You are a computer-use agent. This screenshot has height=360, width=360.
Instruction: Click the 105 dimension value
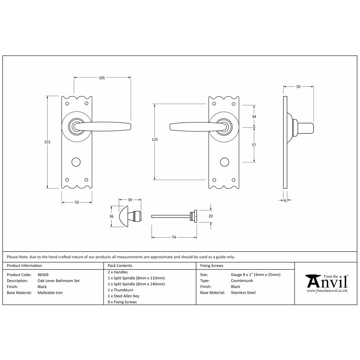click(x=102, y=78)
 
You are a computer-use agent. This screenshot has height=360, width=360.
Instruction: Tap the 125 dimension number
click(x=155, y=139)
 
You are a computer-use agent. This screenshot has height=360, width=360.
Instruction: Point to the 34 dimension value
click(x=254, y=117)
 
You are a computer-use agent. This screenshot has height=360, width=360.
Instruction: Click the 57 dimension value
click(x=254, y=145)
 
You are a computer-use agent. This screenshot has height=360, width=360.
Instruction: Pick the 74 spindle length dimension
click(x=174, y=237)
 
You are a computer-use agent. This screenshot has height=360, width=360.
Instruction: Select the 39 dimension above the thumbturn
click(x=130, y=200)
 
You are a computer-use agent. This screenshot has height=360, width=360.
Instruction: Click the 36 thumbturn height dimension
click(x=111, y=216)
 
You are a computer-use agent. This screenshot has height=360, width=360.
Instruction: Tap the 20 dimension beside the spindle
click(x=211, y=216)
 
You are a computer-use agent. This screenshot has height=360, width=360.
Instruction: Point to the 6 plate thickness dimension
click(x=285, y=201)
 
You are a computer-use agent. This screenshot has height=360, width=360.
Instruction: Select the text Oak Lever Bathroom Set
click(x=58, y=281)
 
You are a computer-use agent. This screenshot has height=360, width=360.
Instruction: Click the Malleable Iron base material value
click(x=50, y=293)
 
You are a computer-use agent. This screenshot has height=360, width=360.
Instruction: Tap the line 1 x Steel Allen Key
click(x=123, y=296)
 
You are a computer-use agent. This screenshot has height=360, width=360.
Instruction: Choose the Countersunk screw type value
click(x=242, y=281)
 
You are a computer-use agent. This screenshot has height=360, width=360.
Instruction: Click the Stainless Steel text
click(x=243, y=293)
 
